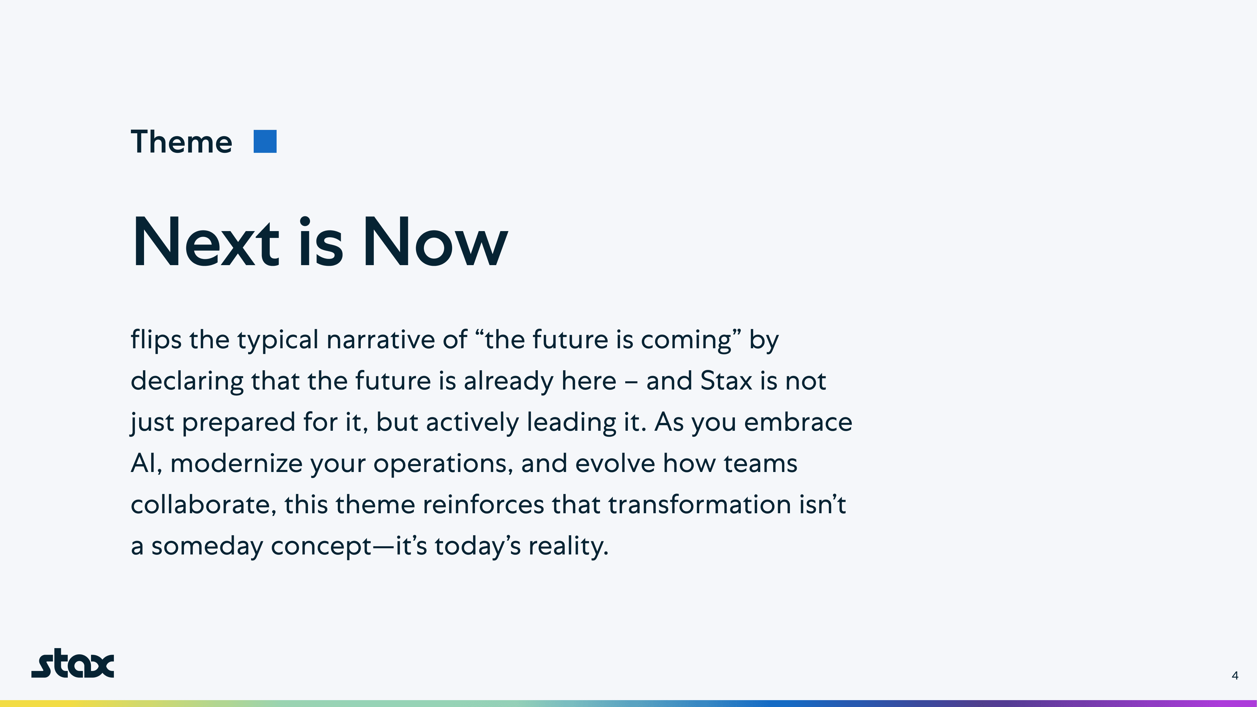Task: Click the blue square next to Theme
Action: (x=265, y=141)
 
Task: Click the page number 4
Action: (x=1235, y=675)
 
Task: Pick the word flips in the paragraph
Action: (x=156, y=340)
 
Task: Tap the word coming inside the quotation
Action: (x=686, y=340)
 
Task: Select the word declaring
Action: (x=187, y=381)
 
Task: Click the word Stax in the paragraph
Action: (x=726, y=381)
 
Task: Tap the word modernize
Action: (x=237, y=463)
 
